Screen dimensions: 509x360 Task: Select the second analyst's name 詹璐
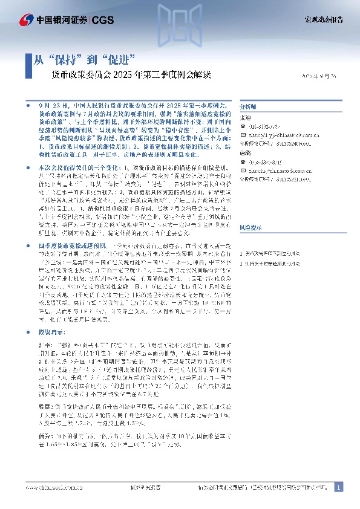tap(245, 154)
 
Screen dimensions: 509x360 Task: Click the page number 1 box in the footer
tap(339, 487)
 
